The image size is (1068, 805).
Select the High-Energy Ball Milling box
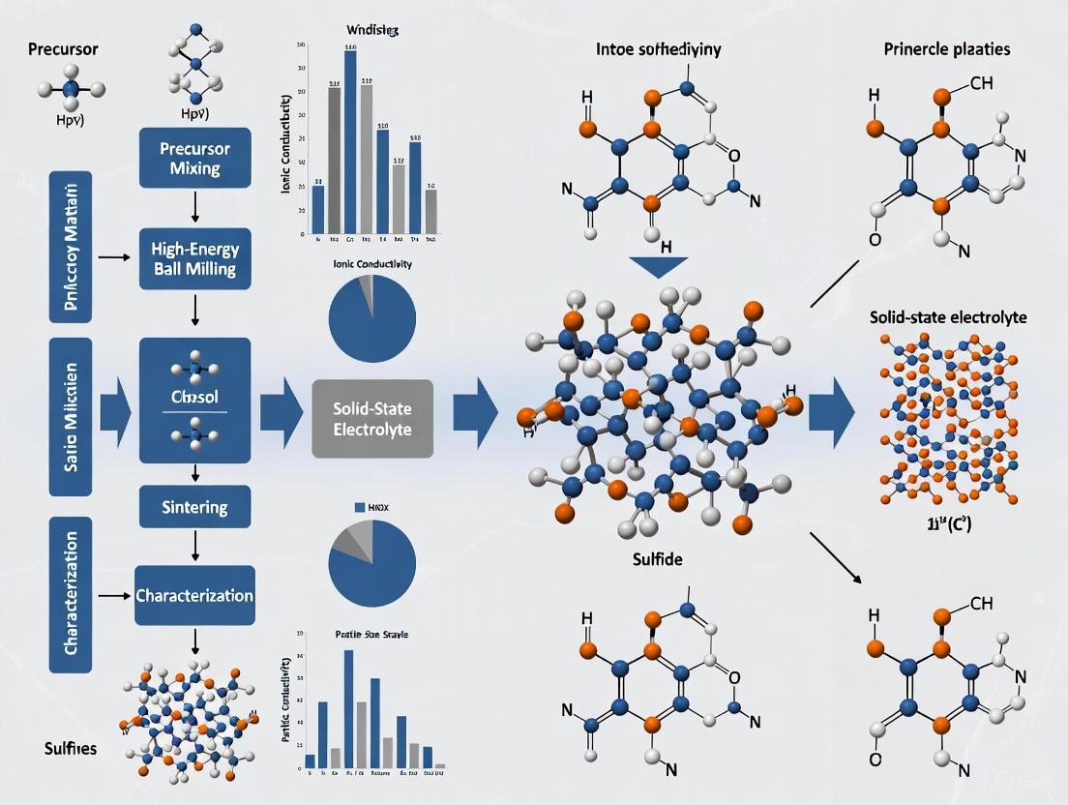click(x=194, y=257)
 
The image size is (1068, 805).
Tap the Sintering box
click(x=194, y=507)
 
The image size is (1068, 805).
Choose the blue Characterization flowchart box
click(x=194, y=595)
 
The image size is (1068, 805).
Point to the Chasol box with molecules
click(x=194, y=399)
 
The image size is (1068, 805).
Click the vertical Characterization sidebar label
click(x=71, y=594)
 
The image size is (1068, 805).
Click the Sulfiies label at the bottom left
click(x=70, y=748)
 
